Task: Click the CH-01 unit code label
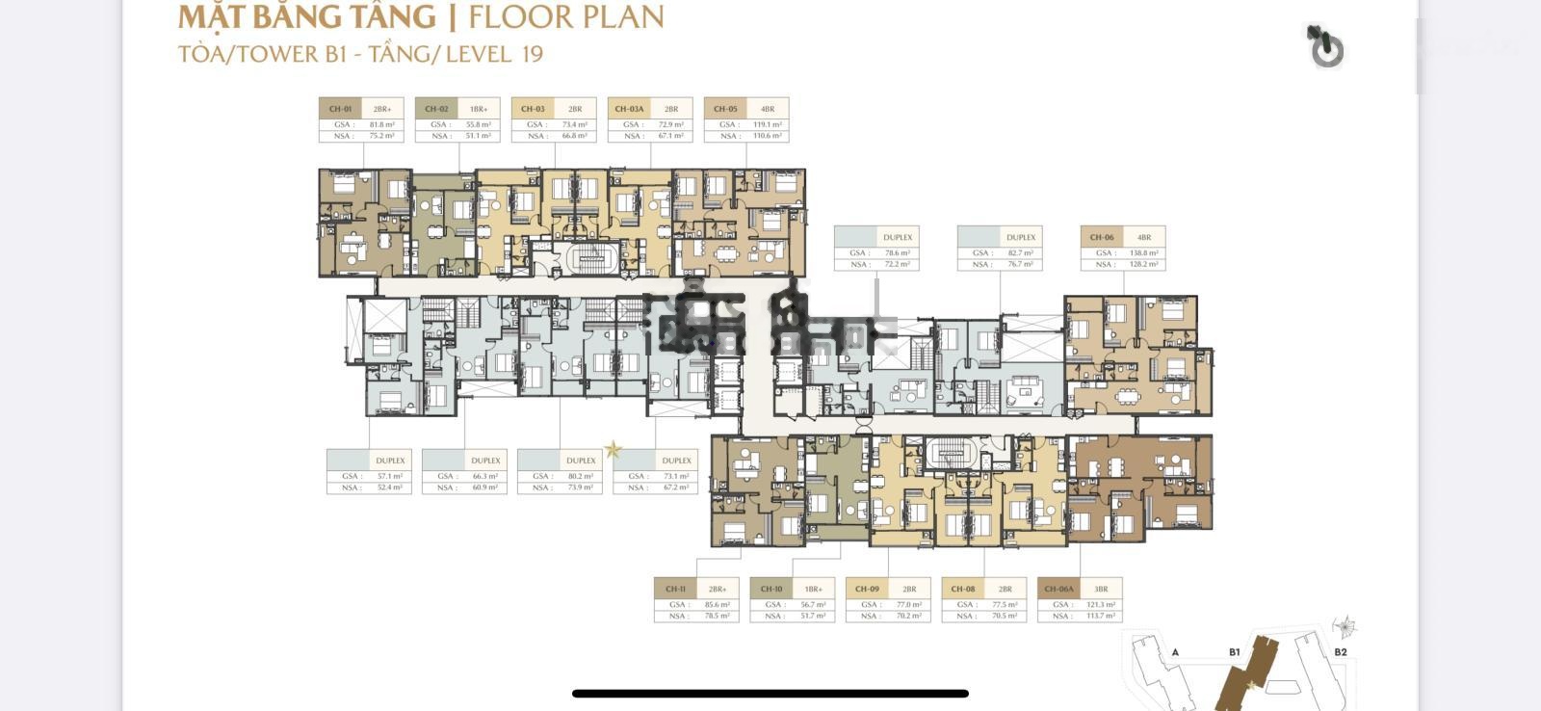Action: pos(340,109)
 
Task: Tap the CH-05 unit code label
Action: pos(725,109)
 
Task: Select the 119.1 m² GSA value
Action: pos(768,124)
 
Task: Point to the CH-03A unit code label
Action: pos(629,109)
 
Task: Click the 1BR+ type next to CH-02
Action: pos(479,109)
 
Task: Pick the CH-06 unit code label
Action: pos(1102,237)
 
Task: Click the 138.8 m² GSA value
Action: pos(1144,252)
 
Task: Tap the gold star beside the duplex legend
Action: pos(613,449)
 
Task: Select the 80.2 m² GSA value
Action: pos(581,476)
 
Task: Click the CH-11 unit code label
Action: pos(675,589)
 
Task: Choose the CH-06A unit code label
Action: pos(1058,589)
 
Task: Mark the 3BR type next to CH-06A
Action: pos(1101,589)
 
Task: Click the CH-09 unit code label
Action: pos(867,589)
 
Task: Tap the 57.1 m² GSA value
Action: pos(390,476)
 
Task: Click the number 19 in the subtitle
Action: pos(532,54)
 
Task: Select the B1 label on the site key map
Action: pos(1235,652)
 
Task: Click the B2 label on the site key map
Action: pos(1340,652)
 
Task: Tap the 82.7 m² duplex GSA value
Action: pos(1021,252)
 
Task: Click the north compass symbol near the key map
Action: pos(1345,628)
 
